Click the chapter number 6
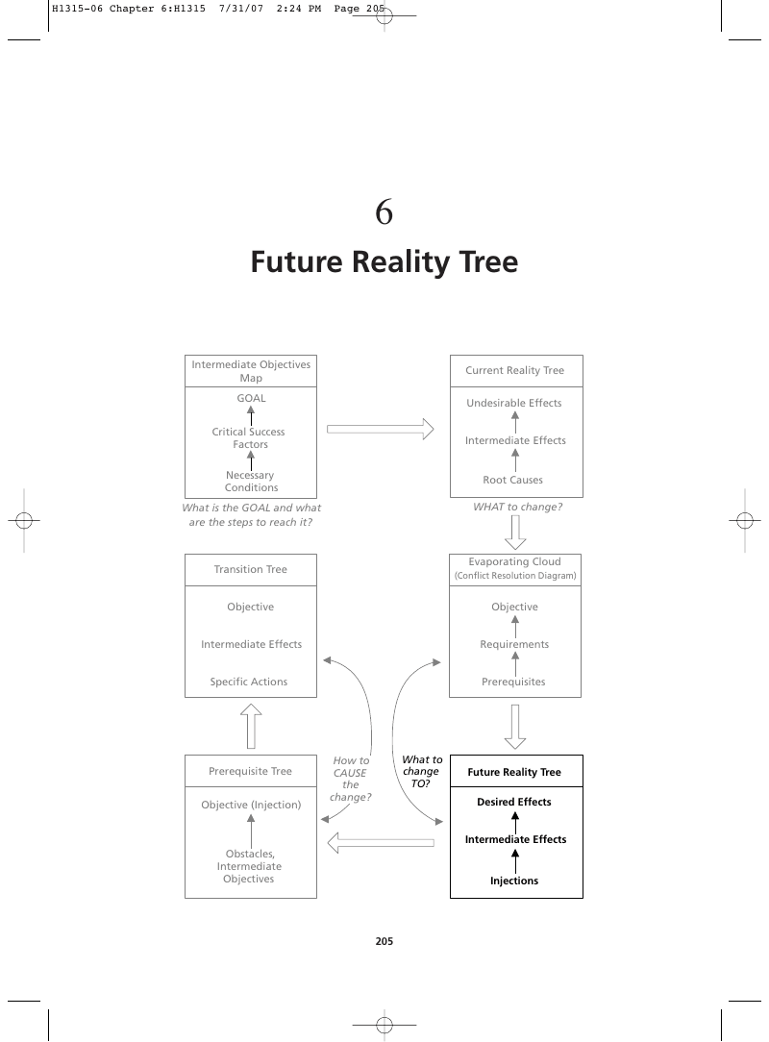click(384, 212)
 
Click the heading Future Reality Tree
click(384, 261)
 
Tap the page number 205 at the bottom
click(384, 941)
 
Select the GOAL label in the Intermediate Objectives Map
click(251, 398)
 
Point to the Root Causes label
click(513, 480)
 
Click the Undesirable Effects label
click(514, 403)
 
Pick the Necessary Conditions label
click(251, 482)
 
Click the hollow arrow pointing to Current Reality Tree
click(381, 430)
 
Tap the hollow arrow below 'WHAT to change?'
click(515, 533)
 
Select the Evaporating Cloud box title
click(515, 568)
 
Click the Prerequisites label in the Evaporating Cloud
click(513, 682)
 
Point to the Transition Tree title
click(251, 569)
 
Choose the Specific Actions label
click(249, 682)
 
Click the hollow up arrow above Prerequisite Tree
click(251, 727)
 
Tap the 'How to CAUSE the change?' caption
click(351, 779)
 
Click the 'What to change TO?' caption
click(421, 772)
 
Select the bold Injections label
click(514, 881)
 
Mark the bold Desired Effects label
click(514, 802)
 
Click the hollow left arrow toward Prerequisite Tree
click(381, 843)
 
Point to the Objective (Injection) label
click(251, 805)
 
